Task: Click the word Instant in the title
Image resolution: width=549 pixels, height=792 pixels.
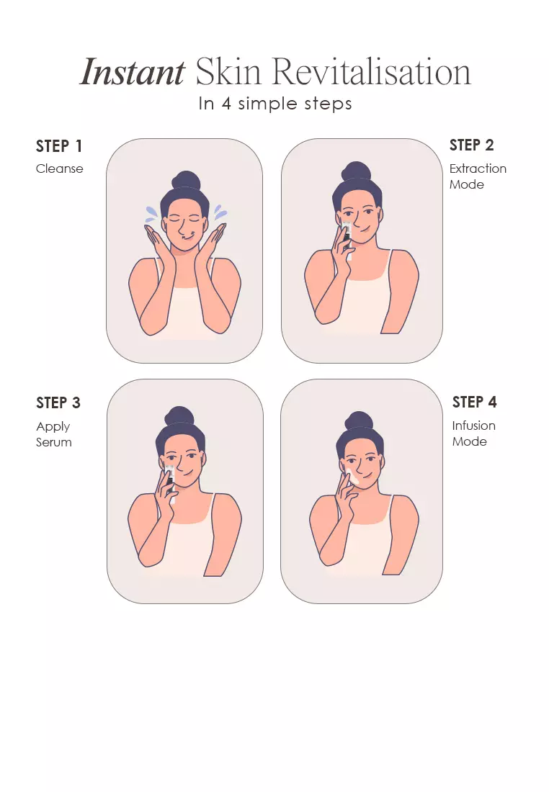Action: pos(133,72)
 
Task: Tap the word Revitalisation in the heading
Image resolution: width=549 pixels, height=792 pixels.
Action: pos(372,72)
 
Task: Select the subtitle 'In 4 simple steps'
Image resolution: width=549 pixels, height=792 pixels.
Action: pos(275,104)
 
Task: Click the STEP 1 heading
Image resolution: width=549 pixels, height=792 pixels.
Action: pos(58,146)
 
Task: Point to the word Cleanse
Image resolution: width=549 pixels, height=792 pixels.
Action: pos(59,168)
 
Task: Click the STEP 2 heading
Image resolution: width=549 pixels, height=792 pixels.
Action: pos(471,145)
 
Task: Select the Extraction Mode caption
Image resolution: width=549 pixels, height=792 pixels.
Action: pos(478,176)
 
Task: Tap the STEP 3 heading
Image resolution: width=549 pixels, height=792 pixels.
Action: pos(58,402)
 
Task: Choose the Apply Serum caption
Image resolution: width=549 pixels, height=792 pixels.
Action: pos(53,434)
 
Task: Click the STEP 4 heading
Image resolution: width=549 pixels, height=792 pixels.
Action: pos(474,402)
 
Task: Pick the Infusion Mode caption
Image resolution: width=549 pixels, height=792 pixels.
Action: pos(473,433)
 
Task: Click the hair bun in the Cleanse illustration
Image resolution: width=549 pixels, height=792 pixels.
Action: pos(186,180)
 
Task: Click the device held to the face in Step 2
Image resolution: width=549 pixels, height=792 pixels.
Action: pos(347,240)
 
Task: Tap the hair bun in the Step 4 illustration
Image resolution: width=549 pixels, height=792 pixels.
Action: pos(358,420)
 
